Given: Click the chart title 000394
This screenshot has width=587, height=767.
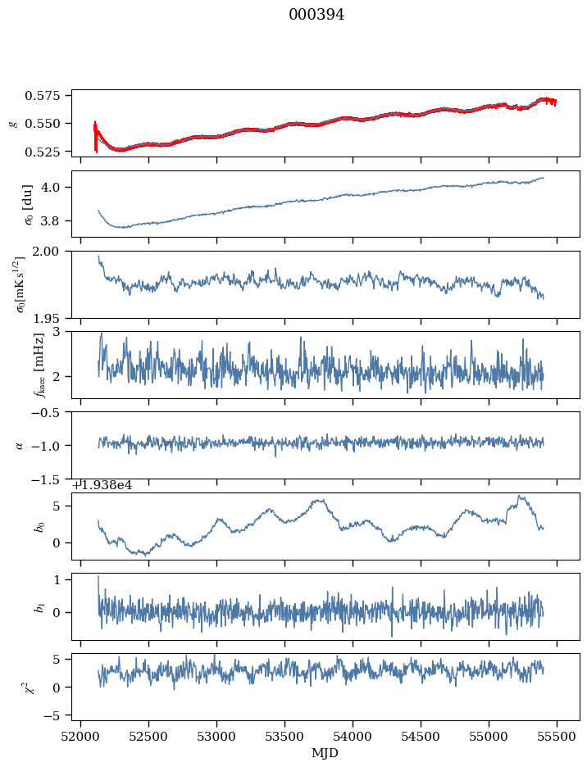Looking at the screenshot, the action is click(316, 15).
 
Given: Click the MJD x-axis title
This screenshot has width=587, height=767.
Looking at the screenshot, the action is click(325, 753).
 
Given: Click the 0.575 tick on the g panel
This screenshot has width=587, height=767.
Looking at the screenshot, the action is click(43, 95).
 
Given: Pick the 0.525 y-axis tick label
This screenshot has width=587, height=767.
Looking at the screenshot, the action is click(43, 152).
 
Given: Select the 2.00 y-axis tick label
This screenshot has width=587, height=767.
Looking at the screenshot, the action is click(46, 252).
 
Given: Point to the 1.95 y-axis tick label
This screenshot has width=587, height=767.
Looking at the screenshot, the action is click(46, 319).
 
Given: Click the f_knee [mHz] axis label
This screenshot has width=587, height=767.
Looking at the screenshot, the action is click(39, 365).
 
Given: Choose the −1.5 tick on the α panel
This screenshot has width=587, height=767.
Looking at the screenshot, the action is click(46, 480).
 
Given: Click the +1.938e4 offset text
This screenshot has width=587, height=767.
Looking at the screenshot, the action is click(102, 485).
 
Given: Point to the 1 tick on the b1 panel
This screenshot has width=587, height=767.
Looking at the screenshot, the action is click(57, 580).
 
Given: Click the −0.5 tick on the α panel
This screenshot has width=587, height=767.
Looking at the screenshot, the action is click(46, 412).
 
